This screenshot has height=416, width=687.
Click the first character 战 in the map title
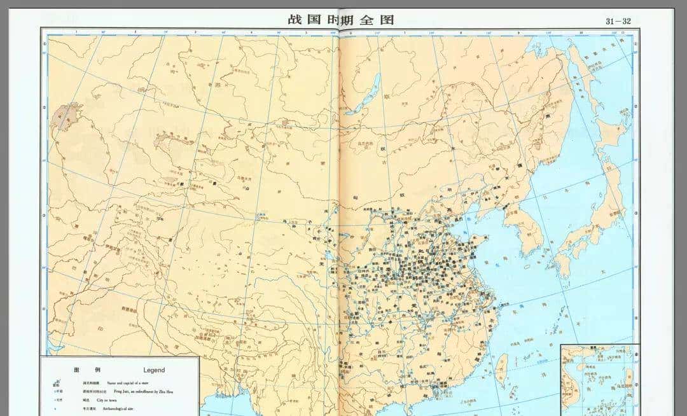[x=294, y=19]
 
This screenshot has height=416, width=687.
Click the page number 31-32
[x=618, y=21]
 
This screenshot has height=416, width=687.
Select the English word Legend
[x=154, y=370]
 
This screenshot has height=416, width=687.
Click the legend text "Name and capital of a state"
[x=127, y=384]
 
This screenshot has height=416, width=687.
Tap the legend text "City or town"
[x=109, y=400]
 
